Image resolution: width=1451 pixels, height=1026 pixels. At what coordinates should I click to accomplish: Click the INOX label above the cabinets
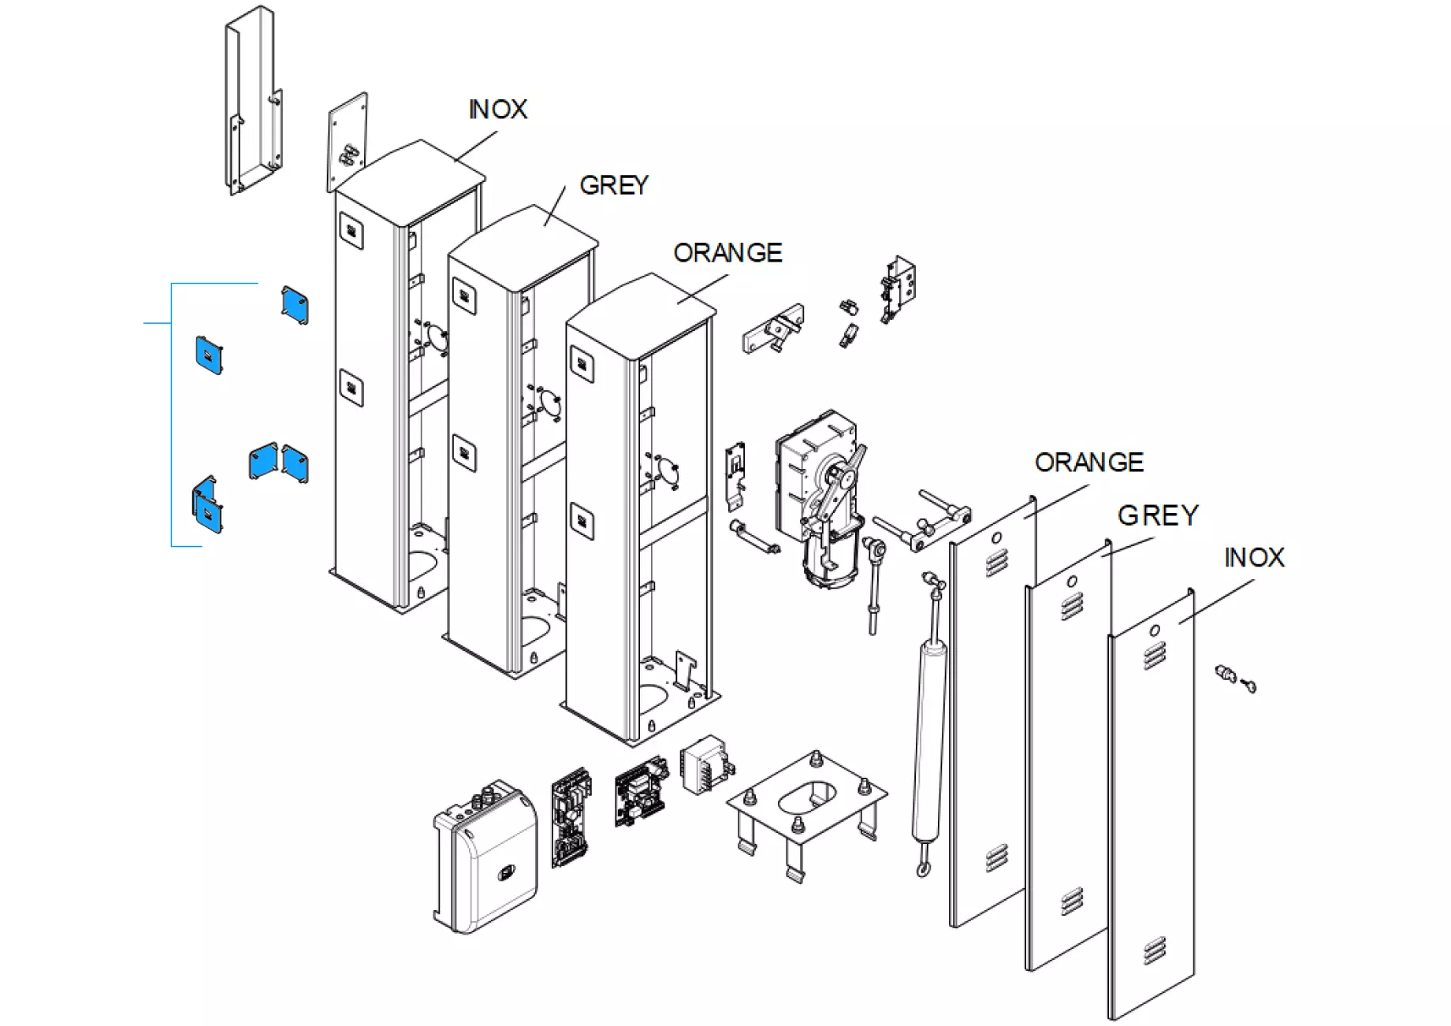point(498,110)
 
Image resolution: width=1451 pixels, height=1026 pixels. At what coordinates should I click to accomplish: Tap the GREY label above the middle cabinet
point(614,185)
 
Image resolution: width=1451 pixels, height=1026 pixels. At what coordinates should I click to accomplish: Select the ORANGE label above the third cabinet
point(727,253)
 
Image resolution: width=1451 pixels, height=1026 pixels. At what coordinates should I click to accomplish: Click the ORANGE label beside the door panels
point(1088,463)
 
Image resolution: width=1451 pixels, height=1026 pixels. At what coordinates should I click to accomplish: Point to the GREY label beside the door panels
point(1158,516)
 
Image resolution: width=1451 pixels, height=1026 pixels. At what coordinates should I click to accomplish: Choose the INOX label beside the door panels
point(1254,558)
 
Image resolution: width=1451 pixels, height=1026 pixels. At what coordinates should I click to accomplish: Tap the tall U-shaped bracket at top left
point(255,102)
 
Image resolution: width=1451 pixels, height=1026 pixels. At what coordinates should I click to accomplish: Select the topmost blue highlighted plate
point(295,304)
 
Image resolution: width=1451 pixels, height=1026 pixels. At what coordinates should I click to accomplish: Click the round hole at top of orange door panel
point(997,538)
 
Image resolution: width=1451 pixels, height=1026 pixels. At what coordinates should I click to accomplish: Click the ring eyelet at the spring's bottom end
point(923,869)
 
